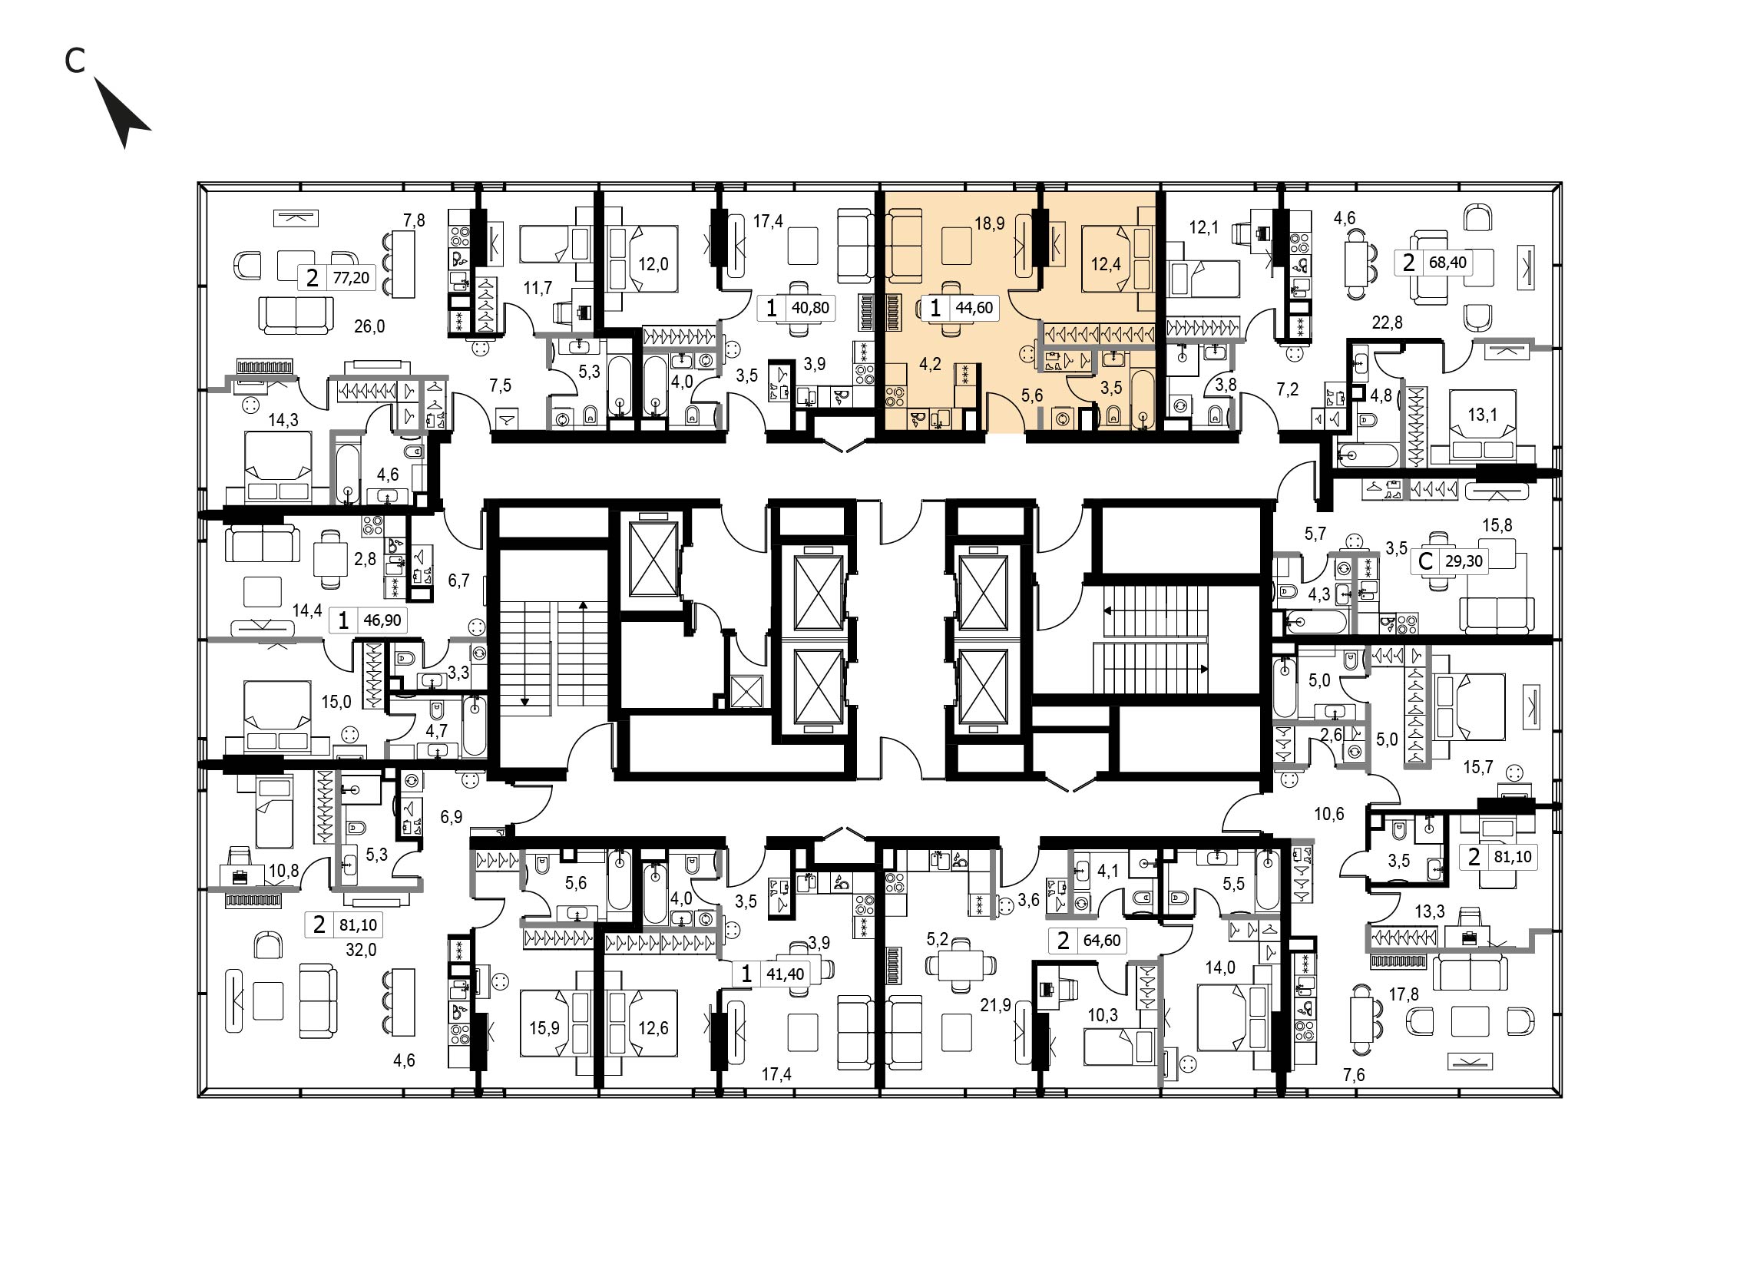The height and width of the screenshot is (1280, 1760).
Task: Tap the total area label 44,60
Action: pos(974,308)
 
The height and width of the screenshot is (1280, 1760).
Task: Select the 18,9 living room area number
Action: pos(989,224)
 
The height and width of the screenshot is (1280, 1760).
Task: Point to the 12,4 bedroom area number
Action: pos(1105,265)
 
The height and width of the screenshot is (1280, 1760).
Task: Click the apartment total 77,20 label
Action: pos(351,278)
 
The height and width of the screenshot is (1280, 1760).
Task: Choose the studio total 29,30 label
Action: pos(1464,561)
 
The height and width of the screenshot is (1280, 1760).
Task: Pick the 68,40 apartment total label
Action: pos(1448,262)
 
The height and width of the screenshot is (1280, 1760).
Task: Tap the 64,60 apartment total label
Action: pos(1102,940)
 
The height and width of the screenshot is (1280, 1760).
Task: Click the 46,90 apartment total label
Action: pos(382,620)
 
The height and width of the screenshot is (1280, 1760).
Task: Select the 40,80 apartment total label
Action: pos(810,308)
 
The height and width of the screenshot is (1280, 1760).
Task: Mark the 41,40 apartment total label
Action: pos(786,974)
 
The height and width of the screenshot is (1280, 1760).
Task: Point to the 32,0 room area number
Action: pos(361,950)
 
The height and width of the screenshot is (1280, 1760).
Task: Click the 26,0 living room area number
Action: pos(369,326)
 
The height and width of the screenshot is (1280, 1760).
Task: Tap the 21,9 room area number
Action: pos(996,1005)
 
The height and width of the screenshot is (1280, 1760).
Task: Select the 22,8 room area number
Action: pos(1387,322)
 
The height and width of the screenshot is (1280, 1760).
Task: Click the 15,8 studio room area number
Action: pos(1497,526)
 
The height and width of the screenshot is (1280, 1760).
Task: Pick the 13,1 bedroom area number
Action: pos(1482,415)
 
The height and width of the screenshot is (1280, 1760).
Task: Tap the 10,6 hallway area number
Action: pos(1328,815)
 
